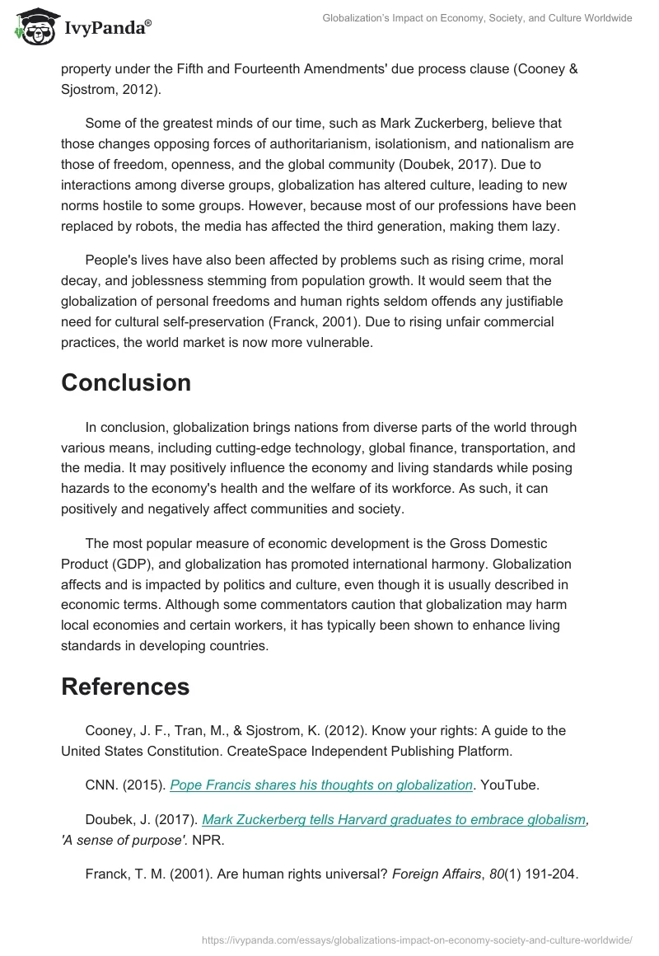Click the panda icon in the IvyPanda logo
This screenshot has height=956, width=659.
pos(32,26)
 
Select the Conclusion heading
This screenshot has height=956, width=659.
pos(126,382)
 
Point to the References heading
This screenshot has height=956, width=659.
pos(125,686)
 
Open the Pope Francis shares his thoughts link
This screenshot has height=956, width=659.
pos(321,785)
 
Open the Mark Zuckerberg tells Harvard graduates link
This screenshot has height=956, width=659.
pos(394,819)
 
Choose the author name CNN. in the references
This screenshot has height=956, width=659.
pos(103,785)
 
